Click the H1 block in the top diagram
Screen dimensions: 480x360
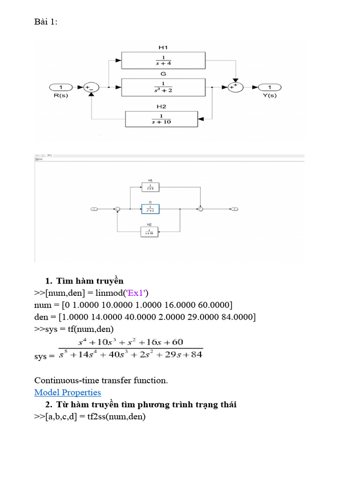pyautogui.click(x=163, y=60)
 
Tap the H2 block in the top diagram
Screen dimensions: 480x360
pyautogui.click(x=161, y=119)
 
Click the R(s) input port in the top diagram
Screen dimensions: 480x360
pyautogui.click(x=60, y=87)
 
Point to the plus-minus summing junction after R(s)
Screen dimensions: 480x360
pyautogui.click(x=91, y=87)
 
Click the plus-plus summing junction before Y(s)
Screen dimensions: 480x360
pyautogui.click(x=236, y=87)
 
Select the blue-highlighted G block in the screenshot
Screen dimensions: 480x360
pyautogui.click(x=150, y=209)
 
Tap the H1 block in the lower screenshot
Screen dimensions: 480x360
pyautogui.click(x=150, y=187)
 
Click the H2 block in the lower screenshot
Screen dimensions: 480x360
pyautogui.click(x=150, y=232)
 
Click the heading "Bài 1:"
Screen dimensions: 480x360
pyautogui.click(x=46, y=22)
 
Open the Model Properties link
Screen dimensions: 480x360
pyautogui.click(x=67, y=392)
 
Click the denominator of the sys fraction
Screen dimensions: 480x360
pyautogui.click(x=131, y=354)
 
